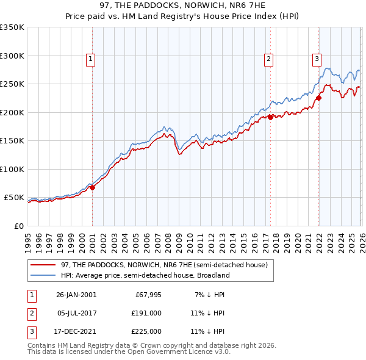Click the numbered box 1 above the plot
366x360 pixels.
[90, 59]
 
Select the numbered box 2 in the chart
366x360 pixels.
[268, 59]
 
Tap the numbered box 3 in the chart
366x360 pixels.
[317, 59]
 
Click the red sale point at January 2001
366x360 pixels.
[93, 188]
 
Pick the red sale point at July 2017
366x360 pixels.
[270, 118]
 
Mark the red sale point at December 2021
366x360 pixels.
[318, 98]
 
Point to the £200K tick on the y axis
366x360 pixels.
[12, 112]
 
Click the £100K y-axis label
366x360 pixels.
[12, 169]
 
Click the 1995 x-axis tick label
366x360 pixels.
[28, 240]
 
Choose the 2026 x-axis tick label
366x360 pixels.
[361, 240]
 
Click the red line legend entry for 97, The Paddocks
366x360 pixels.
[163, 265]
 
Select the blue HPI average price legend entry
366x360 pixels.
[145, 275]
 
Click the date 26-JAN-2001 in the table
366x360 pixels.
[76, 295]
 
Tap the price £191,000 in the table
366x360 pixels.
[148, 313]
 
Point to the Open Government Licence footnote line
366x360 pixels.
[128, 353]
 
